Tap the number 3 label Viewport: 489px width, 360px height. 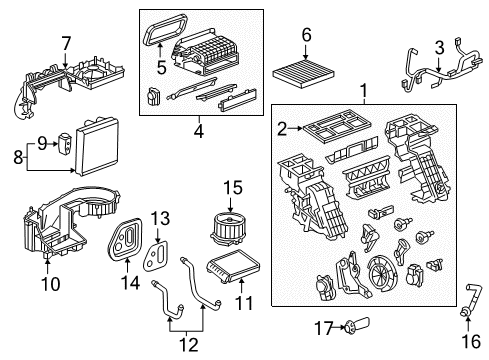coord(438,46)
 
